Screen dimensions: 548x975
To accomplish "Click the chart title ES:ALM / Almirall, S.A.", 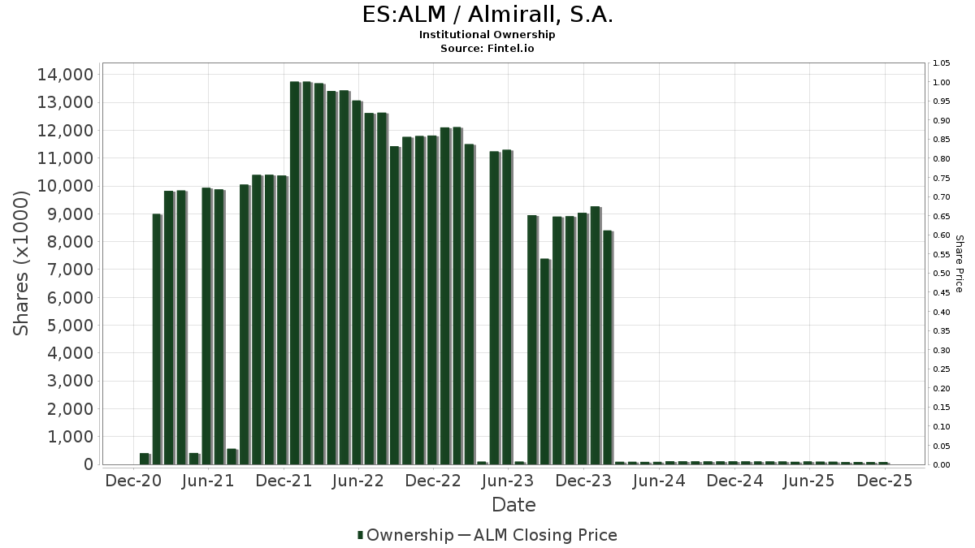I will [x=487, y=15].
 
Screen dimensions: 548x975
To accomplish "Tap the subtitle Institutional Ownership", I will [x=487, y=35].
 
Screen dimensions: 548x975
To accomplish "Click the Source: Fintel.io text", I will [x=487, y=49].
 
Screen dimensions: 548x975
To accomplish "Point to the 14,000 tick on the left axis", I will [x=66, y=75].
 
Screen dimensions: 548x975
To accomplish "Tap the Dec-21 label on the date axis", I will [x=284, y=481].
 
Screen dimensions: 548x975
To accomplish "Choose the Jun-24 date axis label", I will [x=659, y=481].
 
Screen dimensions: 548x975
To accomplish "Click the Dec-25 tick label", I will [x=885, y=481].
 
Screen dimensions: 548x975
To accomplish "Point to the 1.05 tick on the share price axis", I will [x=942, y=63].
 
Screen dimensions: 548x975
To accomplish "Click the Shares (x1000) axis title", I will [x=22, y=263].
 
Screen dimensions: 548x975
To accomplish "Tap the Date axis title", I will [x=513, y=505].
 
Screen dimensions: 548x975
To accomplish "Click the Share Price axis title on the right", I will [x=959, y=263].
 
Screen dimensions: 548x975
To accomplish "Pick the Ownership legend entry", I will [x=405, y=535].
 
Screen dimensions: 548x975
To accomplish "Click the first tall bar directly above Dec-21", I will [x=295, y=273].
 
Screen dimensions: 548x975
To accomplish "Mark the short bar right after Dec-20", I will [x=145, y=459].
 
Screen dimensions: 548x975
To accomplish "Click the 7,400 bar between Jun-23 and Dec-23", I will [x=545, y=361].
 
